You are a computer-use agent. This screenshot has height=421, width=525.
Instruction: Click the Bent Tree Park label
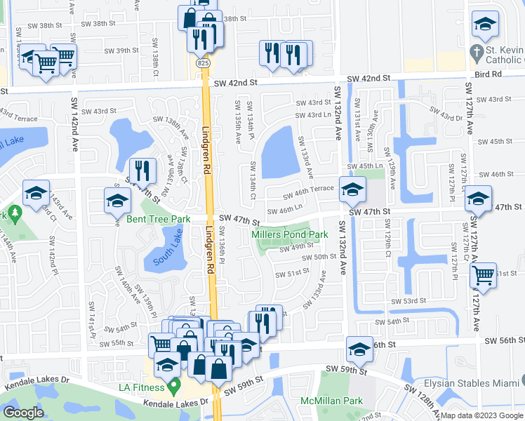point(158,220)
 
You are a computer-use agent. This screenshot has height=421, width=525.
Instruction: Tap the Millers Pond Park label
point(290,234)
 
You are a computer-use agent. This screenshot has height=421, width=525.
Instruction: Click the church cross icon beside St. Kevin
point(475,53)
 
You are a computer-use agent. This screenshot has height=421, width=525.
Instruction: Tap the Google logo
point(23,413)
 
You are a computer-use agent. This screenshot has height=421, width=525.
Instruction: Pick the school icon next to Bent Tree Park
point(117,201)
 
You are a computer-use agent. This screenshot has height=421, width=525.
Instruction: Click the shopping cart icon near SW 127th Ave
point(483,275)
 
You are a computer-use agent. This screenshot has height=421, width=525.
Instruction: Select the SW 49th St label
point(297,247)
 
